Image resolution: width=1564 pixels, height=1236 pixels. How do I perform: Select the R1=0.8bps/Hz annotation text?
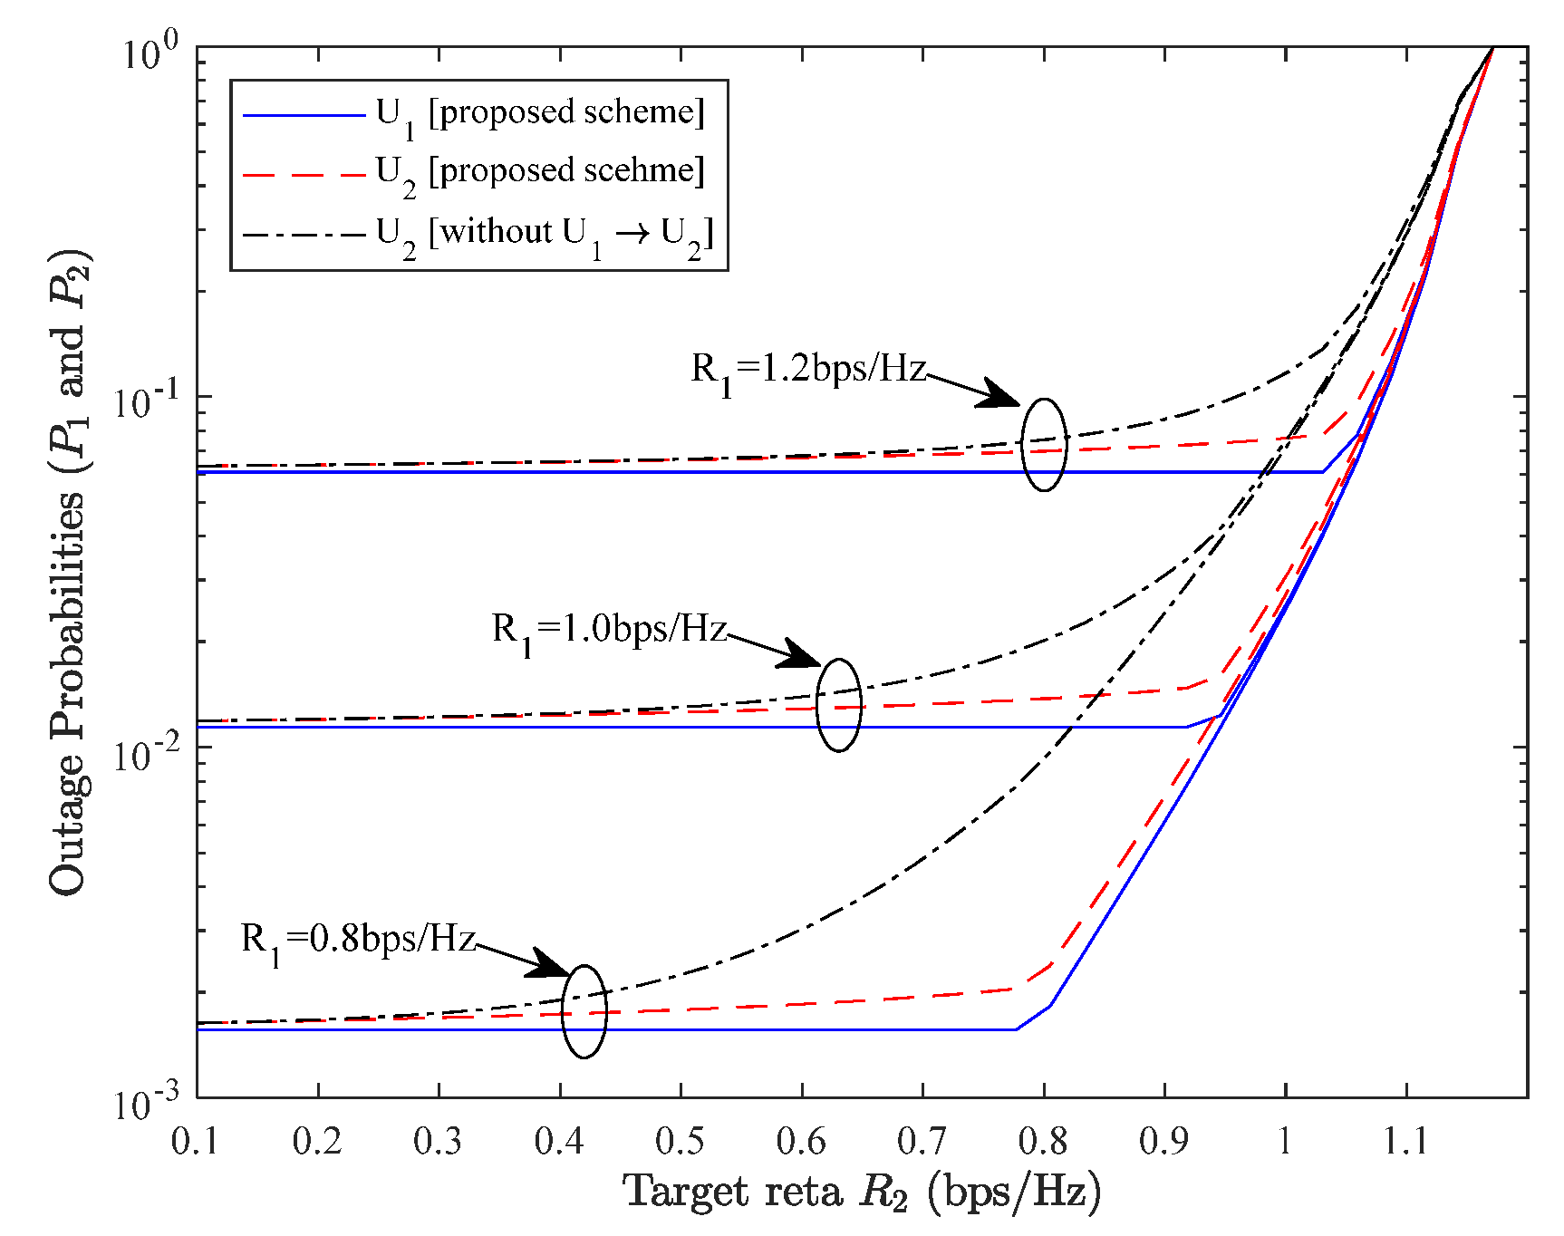(x=358, y=939)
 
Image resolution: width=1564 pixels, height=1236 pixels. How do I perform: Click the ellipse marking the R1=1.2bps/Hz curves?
(x=1044, y=445)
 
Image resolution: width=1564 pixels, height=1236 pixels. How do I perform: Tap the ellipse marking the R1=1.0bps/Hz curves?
(x=838, y=705)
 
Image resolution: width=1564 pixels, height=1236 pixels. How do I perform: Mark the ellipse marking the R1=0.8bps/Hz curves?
(x=584, y=1011)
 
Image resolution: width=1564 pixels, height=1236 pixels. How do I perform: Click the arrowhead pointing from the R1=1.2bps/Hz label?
(x=1002, y=395)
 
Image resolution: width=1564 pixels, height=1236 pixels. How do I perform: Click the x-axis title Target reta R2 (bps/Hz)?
(x=861, y=1193)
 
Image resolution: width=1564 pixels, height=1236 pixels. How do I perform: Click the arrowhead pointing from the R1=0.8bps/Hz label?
(x=549, y=964)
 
